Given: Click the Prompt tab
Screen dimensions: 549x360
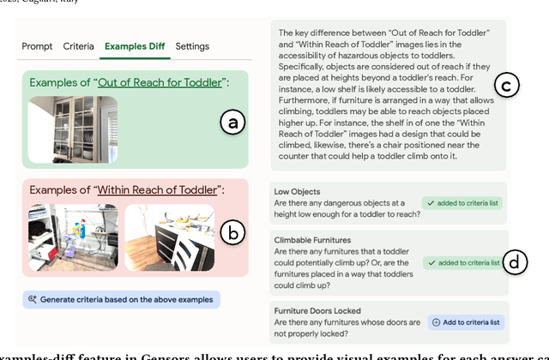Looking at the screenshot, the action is [37, 46].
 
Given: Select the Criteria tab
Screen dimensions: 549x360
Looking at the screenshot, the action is [78, 46].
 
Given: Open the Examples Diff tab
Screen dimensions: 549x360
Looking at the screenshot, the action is [135, 46].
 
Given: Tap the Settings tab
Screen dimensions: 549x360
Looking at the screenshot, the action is [192, 46].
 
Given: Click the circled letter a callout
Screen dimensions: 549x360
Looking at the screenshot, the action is [232, 122].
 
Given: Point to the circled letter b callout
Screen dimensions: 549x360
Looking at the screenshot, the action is [232, 232].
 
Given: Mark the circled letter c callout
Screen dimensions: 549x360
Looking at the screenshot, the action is [507, 85].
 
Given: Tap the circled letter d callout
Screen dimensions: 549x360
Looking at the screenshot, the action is [515, 262].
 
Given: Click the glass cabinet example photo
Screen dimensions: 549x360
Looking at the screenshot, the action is [73, 129].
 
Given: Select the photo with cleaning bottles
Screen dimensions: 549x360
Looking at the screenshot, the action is [73, 237].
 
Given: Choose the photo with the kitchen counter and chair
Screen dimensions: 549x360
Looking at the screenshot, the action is [170, 237].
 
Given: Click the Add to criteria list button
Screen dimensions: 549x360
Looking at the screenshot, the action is [466, 322].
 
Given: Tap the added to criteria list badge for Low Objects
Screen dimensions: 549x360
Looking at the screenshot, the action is [462, 203].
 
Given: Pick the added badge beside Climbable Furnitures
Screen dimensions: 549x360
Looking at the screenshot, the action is [463, 263].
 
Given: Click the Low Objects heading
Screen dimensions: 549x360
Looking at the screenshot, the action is [297, 192].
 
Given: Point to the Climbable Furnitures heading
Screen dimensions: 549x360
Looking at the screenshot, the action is [312, 240].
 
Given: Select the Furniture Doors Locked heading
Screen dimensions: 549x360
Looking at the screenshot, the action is [317, 310].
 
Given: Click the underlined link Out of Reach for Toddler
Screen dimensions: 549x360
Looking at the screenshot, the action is [160, 82].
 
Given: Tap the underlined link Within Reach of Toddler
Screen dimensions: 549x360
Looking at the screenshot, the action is [157, 190].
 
